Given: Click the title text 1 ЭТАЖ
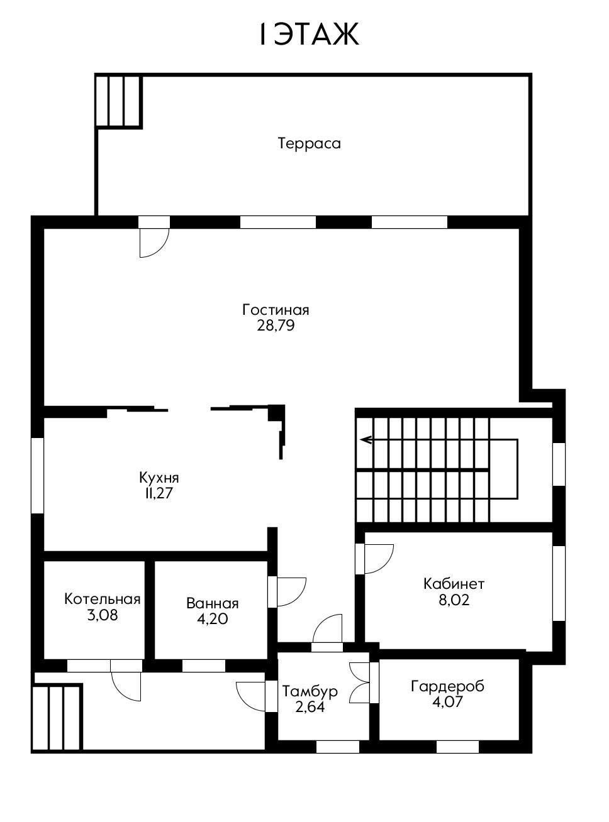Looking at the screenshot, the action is pyautogui.click(x=309, y=34).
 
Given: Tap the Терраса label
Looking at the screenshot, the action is pyautogui.click(x=309, y=143).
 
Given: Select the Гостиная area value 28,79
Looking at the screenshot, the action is pyautogui.click(x=276, y=326).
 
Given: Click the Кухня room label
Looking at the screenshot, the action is pyautogui.click(x=159, y=478).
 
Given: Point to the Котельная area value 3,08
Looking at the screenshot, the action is pyautogui.click(x=103, y=615).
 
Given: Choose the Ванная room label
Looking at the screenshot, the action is pyautogui.click(x=212, y=603).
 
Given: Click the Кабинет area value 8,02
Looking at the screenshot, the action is pyautogui.click(x=454, y=600).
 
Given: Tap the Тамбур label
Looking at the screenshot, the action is pyautogui.click(x=310, y=691).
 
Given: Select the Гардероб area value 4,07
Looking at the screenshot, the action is pyautogui.click(x=447, y=701).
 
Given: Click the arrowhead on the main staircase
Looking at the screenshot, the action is pyautogui.click(x=366, y=440).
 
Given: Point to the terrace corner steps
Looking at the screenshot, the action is pyautogui.click(x=119, y=101).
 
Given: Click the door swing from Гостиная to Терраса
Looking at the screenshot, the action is pyautogui.click(x=154, y=243).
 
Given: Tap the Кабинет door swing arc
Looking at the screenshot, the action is pyautogui.click(x=379, y=559).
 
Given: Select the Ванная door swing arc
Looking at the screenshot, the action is pyautogui.click(x=291, y=592).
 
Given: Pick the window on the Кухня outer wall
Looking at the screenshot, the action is pyautogui.click(x=37, y=476).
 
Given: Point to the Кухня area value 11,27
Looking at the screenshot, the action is pyautogui.click(x=159, y=493).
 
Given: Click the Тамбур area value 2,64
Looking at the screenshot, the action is pyautogui.click(x=310, y=707).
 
